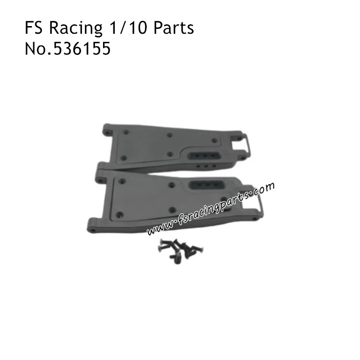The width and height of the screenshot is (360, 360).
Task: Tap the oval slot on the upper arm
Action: (204, 154)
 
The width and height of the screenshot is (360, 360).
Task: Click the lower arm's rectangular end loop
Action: (255, 202)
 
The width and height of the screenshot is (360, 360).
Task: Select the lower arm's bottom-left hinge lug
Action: (92, 227)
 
